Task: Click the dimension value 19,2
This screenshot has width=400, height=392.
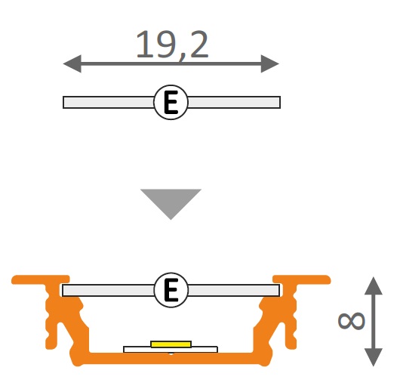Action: coord(172,45)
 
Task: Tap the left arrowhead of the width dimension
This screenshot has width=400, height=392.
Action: coord(72,63)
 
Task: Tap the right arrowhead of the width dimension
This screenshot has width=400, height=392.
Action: coord(270,63)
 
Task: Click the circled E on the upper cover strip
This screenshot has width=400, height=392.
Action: coord(171,102)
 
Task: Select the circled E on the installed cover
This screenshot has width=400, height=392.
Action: coord(171,290)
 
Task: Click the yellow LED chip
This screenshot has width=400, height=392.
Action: coord(171,344)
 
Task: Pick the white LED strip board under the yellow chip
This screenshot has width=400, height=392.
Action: coord(171,350)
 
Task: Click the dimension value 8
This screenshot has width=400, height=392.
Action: coord(351,321)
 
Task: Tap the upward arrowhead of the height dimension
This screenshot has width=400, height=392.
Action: coord(374,286)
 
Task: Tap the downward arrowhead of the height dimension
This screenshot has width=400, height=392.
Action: coord(374,357)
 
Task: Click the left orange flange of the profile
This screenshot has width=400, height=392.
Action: coord(40,279)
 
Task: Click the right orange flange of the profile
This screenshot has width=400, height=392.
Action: coord(302,279)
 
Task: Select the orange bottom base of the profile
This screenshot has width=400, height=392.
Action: coord(171,358)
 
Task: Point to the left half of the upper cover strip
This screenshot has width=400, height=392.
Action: coord(109,103)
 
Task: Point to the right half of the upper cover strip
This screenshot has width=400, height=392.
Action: coord(234,103)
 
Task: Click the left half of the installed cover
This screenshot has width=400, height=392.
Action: coord(109,290)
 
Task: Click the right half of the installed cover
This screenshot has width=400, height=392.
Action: coord(234,290)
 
